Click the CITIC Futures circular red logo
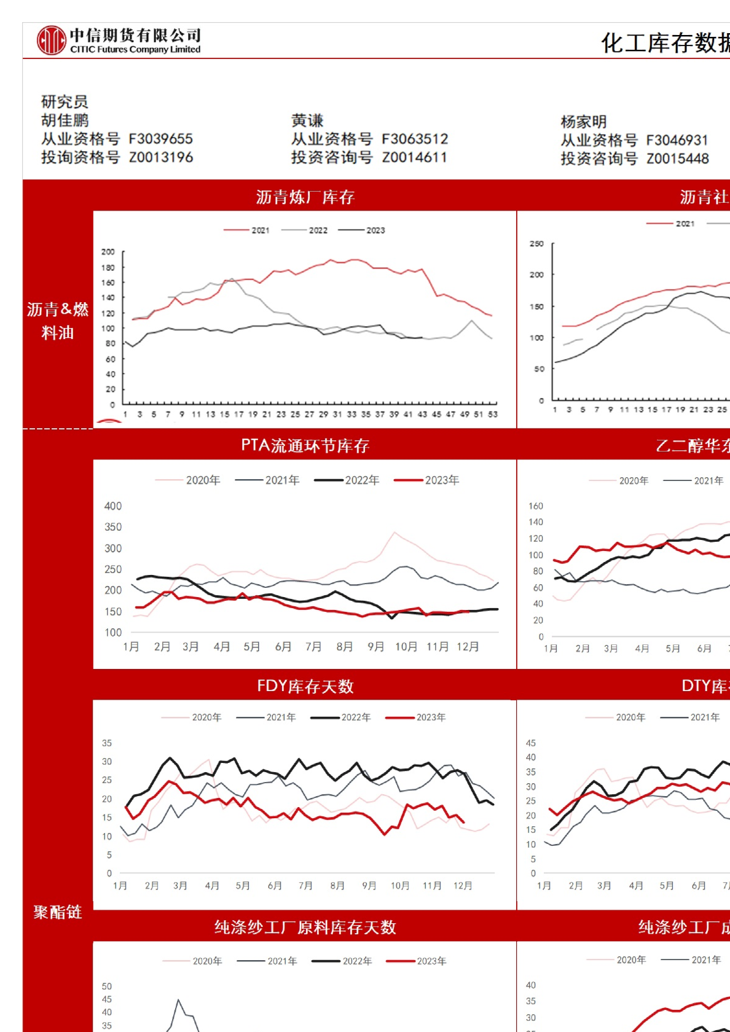coord(51,41)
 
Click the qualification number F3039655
coord(160,139)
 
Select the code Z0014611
coord(414,157)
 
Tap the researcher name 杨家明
coord(583,122)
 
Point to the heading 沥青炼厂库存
coord(305,197)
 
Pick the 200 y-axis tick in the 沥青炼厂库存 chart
coord(108,252)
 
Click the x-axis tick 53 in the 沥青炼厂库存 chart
coord(493,415)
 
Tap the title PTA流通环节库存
coord(305,445)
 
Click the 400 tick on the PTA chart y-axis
coord(113,506)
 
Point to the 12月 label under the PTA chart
coord(468,646)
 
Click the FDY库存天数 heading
coord(305,686)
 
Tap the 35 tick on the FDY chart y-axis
coord(107,743)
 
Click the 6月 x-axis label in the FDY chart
coord(275,885)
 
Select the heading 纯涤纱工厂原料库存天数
coord(305,927)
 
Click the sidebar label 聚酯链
coord(57,912)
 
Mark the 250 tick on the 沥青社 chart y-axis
coord(536,244)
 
